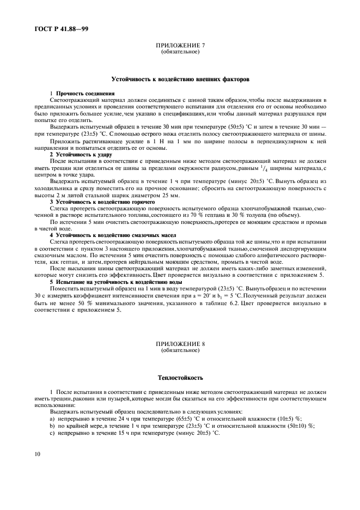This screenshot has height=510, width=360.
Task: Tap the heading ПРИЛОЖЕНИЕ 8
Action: coord(180,345)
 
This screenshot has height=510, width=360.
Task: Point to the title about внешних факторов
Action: coord(180,79)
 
